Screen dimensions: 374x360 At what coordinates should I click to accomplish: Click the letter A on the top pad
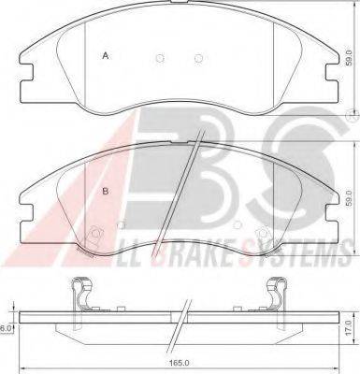tap(106, 57)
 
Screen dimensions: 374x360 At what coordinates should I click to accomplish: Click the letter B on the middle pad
tap(106, 192)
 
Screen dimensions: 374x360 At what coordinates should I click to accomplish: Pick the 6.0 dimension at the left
tap(7, 328)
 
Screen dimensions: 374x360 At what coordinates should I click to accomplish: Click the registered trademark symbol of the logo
tap(349, 115)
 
